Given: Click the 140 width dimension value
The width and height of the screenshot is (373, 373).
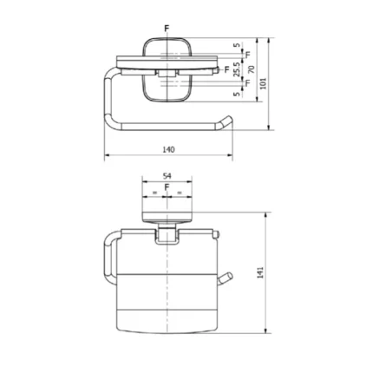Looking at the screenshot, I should (168, 149).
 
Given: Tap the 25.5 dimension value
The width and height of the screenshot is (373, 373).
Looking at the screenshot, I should (236, 69).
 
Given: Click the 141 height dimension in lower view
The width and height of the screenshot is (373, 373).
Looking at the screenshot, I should (261, 273).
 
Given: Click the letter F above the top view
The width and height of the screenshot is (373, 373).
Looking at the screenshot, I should (167, 29).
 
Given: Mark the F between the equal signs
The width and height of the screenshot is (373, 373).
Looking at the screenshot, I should (167, 186).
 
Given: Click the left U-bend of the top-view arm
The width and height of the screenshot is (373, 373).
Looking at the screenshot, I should (107, 95).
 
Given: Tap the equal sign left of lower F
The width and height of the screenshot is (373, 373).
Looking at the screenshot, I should (155, 190).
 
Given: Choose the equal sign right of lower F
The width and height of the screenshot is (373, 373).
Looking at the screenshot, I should (180, 190).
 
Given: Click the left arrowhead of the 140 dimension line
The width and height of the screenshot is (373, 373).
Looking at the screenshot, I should (108, 157).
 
